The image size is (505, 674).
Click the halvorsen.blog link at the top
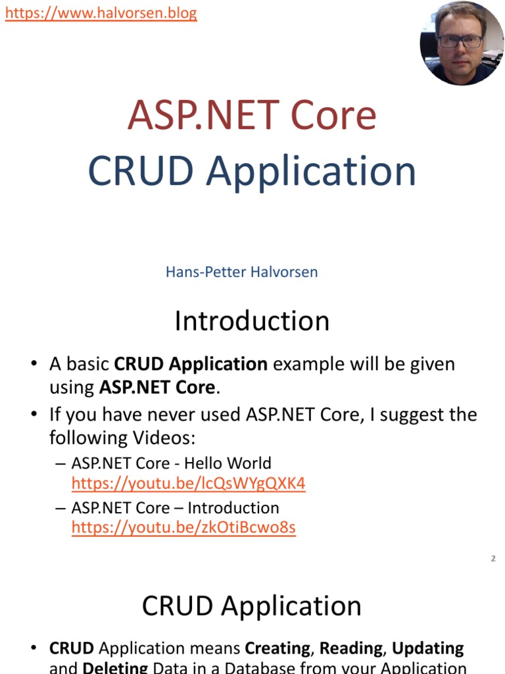pyautogui.click(x=101, y=13)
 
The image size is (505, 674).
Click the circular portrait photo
pyautogui.click(x=462, y=43)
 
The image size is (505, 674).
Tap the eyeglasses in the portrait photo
pyautogui.click(x=460, y=41)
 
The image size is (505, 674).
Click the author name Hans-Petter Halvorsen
pyautogui.click(x=241, y=272)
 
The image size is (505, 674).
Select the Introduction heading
pyautogui.click(x=252, y=321)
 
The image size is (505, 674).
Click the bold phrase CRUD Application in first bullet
pyautogui.click(x=191, y=364)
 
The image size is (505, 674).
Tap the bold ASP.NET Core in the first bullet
pyautogui.click(x=157, y=387)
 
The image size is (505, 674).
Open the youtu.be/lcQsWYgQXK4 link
pyautogui.click(x=188, y=484)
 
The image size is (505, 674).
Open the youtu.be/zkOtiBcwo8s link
pyautogui.click(x=183, y=528)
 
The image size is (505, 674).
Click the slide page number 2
pyautogui.click(x=493, y=559)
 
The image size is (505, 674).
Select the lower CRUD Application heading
pyautogui.click(x=252, y=606)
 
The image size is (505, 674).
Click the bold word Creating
pyautogui.click(x=277, y=648)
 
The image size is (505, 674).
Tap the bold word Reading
pyautogui.click(x=350, y=648)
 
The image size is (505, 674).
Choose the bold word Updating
pyautogui.click(x=428, y=648)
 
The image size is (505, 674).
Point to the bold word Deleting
pyautogui.click(x=114, y=667)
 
